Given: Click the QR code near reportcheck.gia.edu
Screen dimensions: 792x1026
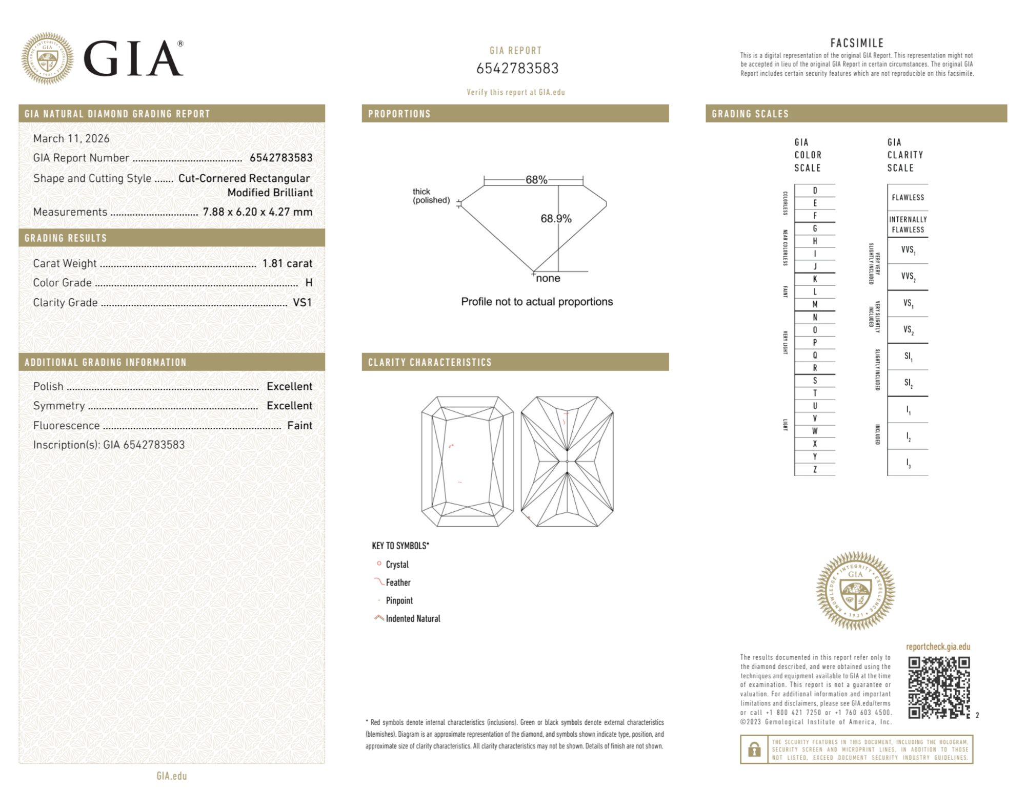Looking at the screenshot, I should click(x=938, y=687).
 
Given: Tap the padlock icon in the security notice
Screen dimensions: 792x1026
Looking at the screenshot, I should click(x=754, y=749).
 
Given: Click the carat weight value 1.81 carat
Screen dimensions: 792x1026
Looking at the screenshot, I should click(x=287, y=263).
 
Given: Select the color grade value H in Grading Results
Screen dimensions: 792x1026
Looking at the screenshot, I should click(x=309, y=283).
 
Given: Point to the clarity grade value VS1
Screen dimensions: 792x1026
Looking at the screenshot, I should click(x=302, y=302).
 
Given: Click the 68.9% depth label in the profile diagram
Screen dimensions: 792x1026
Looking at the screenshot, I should click(x=556, y=219).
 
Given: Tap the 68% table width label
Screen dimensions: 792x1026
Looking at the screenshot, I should click(x=536, y=180).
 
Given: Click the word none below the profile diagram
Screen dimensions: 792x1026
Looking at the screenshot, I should click(x=548, y=278).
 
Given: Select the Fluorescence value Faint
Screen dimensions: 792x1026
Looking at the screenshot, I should click(x=299, y=425).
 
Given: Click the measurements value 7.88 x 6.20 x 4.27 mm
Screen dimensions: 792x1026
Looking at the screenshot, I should click(x=257, y=212).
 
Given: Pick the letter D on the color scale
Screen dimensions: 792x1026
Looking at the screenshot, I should click(x=815, y=191).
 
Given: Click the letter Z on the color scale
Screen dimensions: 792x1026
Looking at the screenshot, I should click(x=815, y=469).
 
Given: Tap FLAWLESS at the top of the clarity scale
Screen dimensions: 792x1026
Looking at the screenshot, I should click(x=908, y=198).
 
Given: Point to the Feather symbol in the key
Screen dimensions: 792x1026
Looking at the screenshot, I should click(x=379, y=582).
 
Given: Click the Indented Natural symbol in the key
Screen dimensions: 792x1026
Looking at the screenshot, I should click(x=379, y=618).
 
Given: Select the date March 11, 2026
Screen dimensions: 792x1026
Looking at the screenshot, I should click(x=71, y=139).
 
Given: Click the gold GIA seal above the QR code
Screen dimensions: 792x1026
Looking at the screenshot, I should click(x=855, y=591).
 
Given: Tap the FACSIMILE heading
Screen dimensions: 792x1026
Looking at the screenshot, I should click(x=857, y=44).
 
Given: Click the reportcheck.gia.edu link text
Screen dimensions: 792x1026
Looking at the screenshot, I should click(x=938, y=647).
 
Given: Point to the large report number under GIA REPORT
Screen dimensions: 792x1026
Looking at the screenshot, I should click(x=517, y=68).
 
